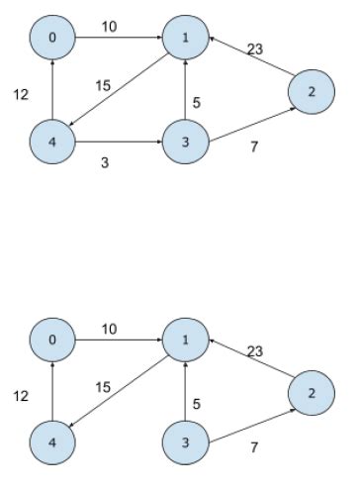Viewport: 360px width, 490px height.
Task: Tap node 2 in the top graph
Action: pyautogui.click(x=311, y=92)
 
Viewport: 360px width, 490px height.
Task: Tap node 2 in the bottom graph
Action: pyautogui.click(x=311, y=394)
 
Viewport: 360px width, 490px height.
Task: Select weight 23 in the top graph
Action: pyautogui.click(x=254, y=47)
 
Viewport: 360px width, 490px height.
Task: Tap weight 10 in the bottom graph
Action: pyautogui.click(x=109, y=328)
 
